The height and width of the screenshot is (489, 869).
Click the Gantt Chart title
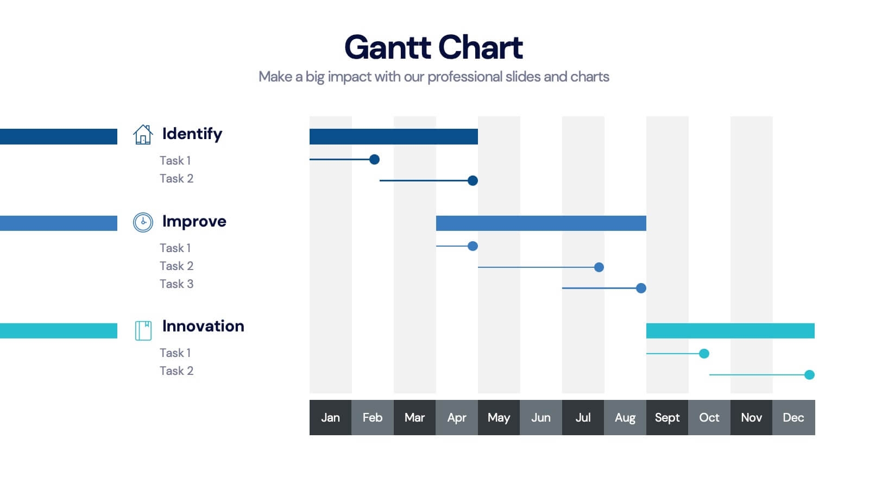click(433, 47)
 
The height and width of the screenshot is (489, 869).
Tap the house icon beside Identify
click(143, 134)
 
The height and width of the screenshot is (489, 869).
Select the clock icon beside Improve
click(143, 222)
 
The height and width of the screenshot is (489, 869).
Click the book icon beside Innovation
click(143, 330)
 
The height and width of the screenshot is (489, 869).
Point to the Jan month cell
click(330, 417)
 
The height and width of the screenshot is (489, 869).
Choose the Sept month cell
click(667, 417)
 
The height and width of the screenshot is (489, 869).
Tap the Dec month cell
click(793, 417)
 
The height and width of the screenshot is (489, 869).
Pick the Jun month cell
click(541, 417)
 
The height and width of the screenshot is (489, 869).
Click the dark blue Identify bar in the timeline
click(393, 136)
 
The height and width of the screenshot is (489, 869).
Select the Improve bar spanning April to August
click(541, 223)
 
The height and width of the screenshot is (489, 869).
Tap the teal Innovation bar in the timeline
click(730, 330)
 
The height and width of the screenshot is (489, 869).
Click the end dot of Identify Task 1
click(374, 159)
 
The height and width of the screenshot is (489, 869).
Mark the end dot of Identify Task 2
click(473, 180)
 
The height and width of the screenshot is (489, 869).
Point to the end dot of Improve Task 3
click(641, 288)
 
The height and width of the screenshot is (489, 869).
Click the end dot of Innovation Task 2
click(809, 374)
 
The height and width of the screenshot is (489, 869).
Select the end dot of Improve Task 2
click(599, 267)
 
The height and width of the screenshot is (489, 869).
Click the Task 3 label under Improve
click(177, 284)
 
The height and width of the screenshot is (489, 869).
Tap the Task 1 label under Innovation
click(175, 353)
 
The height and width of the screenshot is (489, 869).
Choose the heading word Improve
click(194, 221)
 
